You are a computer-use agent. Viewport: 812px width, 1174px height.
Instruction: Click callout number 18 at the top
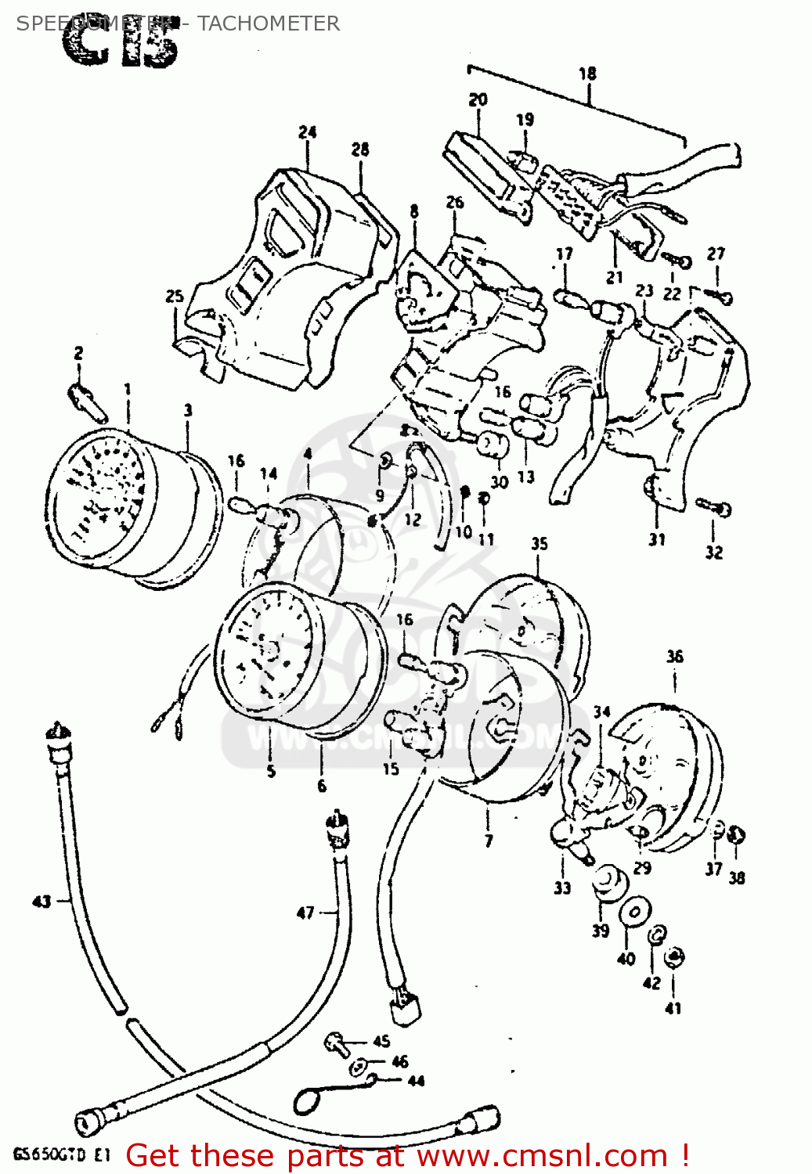tap(587, 74)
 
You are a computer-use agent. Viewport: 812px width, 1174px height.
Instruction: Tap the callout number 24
tap(307, 132)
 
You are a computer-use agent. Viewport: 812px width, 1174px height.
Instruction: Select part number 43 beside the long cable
tap(42, 902)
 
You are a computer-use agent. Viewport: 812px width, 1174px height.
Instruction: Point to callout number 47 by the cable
tap(305, 913)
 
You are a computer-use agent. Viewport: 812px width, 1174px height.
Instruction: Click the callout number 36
tap(674, 657)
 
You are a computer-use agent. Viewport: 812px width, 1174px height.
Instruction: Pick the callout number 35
tap(540, 544)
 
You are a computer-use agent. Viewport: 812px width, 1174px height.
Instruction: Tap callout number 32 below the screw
tap(713, 553)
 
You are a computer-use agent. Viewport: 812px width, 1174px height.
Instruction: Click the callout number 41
tap(673, 1009)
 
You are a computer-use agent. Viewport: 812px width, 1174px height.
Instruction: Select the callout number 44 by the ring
tap(416, 1081)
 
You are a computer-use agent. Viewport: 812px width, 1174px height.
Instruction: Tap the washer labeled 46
tap(359, 1065)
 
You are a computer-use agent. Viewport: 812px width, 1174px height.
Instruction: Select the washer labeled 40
tap(633, 913)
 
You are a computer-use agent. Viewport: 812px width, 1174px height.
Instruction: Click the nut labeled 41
tap(673, 957)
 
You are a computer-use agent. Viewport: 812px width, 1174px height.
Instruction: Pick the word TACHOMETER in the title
tap(268, 23)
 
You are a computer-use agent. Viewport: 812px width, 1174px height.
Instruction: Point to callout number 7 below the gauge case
tap(489, 841)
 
